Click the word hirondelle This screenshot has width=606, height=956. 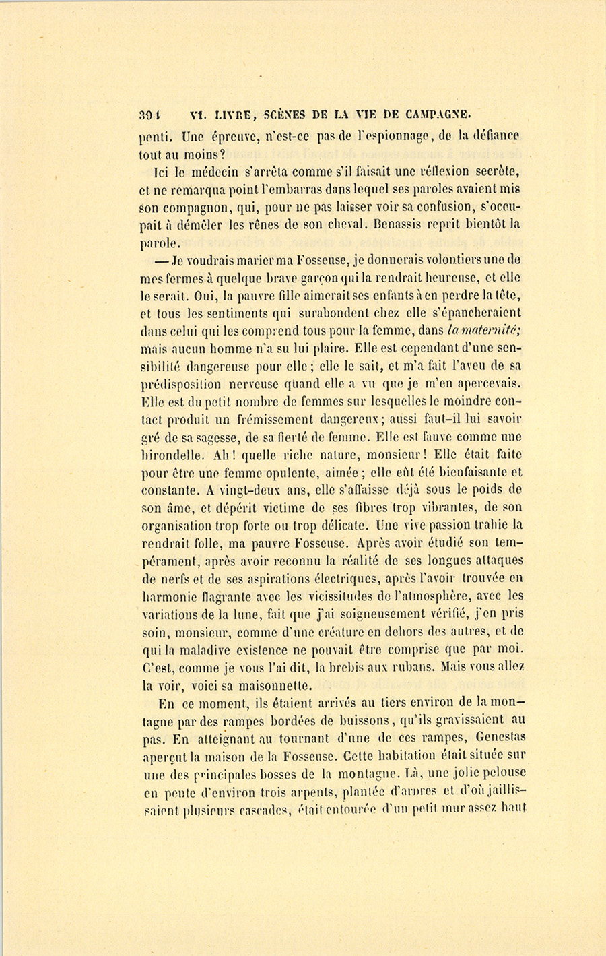[x=175, y=455]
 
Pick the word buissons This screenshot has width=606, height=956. [x=368, y=720]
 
